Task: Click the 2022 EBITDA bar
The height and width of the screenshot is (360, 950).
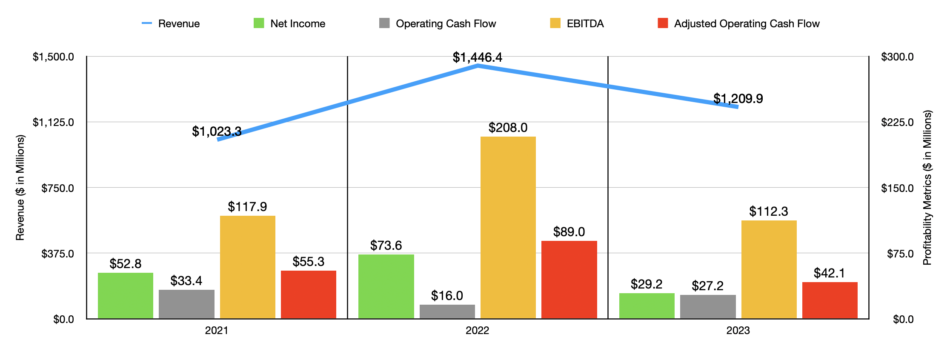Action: pyautogui.click(x=508, y=228)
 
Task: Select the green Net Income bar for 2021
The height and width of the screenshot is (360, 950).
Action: pyautogui.click(x=126, y=296)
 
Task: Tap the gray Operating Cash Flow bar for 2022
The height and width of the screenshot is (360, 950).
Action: pyautogui.click(x=447, y=311)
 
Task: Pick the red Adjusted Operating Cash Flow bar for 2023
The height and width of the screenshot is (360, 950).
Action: pyautogui.click(x=830, y=300)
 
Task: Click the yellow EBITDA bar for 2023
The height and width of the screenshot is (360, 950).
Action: pyautogui.click(x=769, y=269)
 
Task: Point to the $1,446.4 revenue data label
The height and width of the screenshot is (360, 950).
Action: pyautogui.click(x=477, y=57)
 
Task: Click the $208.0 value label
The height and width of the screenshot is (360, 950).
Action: pyautogui.click(x=508, y=128)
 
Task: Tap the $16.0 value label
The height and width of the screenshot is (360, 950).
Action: pyautogui.click(x=447, y=296)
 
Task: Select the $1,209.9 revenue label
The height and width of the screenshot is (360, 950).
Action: pyautogui.click(x=738, y=99)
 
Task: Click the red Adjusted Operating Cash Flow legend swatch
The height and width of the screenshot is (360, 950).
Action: pyautogui.click(x=662, y=23)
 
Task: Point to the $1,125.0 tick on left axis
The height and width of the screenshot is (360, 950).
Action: pyautogui.click(x=53, y=123)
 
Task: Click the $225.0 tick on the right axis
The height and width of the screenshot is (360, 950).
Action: pyautogui.click(x=897, y=123)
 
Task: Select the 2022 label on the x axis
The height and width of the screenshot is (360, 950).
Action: pyautogui.click(x=477, y=331)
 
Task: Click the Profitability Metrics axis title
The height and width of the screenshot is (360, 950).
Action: pyautogui.click(x=927, y=188)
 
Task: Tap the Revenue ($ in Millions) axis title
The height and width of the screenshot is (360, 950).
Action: pyautogui.click(x=20, y=188)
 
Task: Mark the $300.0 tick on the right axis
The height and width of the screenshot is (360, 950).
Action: pyautogui.click(x=897, y=57)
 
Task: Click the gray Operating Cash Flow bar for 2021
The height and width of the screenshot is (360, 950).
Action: pyautogui.click(x=186, y=304)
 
